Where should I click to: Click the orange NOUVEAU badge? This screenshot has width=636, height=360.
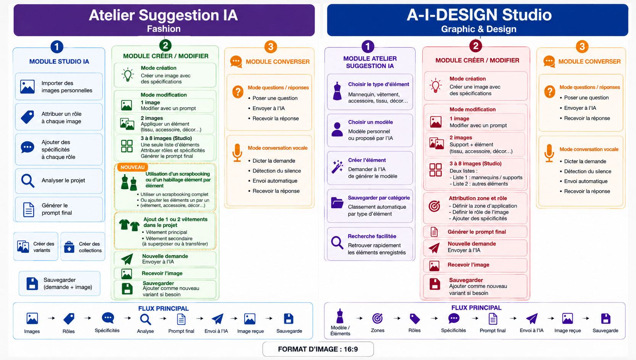point(132,167)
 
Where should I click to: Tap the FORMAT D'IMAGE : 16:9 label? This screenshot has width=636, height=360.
point(318,349)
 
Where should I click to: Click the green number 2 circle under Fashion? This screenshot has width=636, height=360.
point(165,45)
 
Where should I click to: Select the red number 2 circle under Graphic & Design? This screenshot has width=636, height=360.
point(476,46)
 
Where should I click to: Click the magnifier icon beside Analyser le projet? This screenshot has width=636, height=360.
point(27,180)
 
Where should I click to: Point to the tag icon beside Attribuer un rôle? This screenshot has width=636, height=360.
point(27,117)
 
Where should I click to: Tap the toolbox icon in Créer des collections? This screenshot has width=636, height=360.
point(69,247)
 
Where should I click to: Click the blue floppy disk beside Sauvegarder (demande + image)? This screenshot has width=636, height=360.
point(32,283)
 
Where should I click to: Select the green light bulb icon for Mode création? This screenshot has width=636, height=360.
point(127,75)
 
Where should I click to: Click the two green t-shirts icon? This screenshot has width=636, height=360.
point(129,225)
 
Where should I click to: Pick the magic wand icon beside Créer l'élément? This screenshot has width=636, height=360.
point(337,167)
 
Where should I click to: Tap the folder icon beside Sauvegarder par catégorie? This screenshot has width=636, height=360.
point(337,203)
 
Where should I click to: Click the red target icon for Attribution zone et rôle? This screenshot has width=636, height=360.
point(435,206)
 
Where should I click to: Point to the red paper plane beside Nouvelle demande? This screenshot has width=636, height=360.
point(434,247)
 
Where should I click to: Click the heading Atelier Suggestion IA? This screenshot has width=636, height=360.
point(163,15)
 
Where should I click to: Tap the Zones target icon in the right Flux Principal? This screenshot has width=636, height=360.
point(377,318)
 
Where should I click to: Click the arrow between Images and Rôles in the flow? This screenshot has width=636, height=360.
point(52,318)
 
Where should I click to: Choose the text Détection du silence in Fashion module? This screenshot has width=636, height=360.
point(277,170)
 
